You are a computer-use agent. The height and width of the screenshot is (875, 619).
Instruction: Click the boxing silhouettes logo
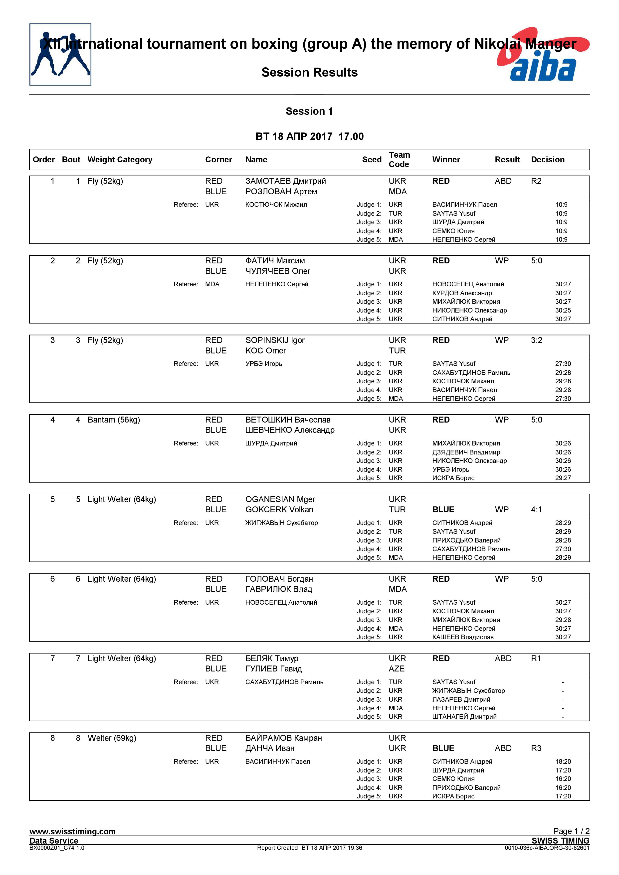point(60,54)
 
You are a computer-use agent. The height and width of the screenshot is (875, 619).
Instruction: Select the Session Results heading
point(309,72)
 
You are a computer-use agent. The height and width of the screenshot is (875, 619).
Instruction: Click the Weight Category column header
point(120,160)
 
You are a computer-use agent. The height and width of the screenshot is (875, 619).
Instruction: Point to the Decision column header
point(547,160)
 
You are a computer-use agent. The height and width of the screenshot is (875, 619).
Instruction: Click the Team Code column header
point(399,160)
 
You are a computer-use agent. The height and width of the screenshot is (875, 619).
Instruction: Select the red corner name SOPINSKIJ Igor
point(275,340)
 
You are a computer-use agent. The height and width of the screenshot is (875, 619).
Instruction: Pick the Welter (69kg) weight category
point(112,738)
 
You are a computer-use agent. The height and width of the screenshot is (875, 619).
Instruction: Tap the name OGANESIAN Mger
point(280,499)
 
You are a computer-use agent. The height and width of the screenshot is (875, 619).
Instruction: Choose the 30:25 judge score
point(563,310)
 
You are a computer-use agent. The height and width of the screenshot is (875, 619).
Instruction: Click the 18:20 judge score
point(563,762)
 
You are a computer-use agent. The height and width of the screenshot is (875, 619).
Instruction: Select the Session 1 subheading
point(309,111)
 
